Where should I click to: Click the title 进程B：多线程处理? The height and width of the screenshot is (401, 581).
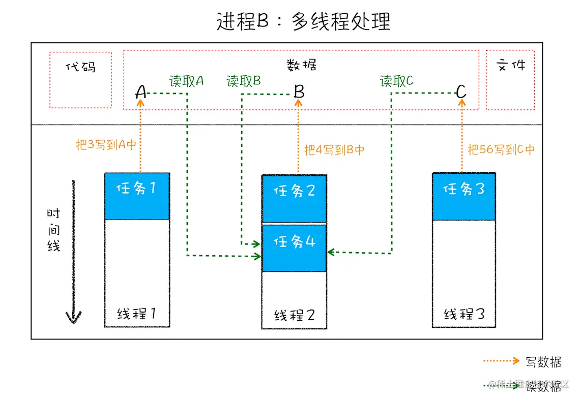(x=303, y=21)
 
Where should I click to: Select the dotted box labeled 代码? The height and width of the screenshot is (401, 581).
(x=81, y=79)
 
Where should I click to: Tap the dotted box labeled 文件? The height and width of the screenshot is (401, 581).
(x=510, y=80)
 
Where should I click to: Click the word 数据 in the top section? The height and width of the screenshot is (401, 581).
(x=301, y=65)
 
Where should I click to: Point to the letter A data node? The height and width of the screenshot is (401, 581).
(x=141, y=92)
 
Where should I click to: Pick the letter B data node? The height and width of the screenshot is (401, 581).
(x=299, y=92)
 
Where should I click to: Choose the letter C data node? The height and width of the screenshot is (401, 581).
(x=461, y=92)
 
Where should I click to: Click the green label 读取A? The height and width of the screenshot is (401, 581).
(x=186, y=81)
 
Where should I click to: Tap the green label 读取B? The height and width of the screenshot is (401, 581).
(x=244, y=81)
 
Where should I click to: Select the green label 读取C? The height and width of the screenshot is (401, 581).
(x=397, y=81)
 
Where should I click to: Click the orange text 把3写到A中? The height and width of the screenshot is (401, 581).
(x=106, y=145)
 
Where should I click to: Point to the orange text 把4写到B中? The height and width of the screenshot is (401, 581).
(x=334, y=150)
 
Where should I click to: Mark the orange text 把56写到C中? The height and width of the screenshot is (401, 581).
(x=501, y=150)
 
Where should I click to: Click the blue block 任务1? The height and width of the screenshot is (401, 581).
(x=137, y=196)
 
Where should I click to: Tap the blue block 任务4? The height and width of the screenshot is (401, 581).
(x=294, y=248)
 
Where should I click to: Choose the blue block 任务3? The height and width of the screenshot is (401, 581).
(x=463, y=196)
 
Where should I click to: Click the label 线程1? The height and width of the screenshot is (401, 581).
(x=136, y=314)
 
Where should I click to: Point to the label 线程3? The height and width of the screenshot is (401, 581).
(x=463, y=314)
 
